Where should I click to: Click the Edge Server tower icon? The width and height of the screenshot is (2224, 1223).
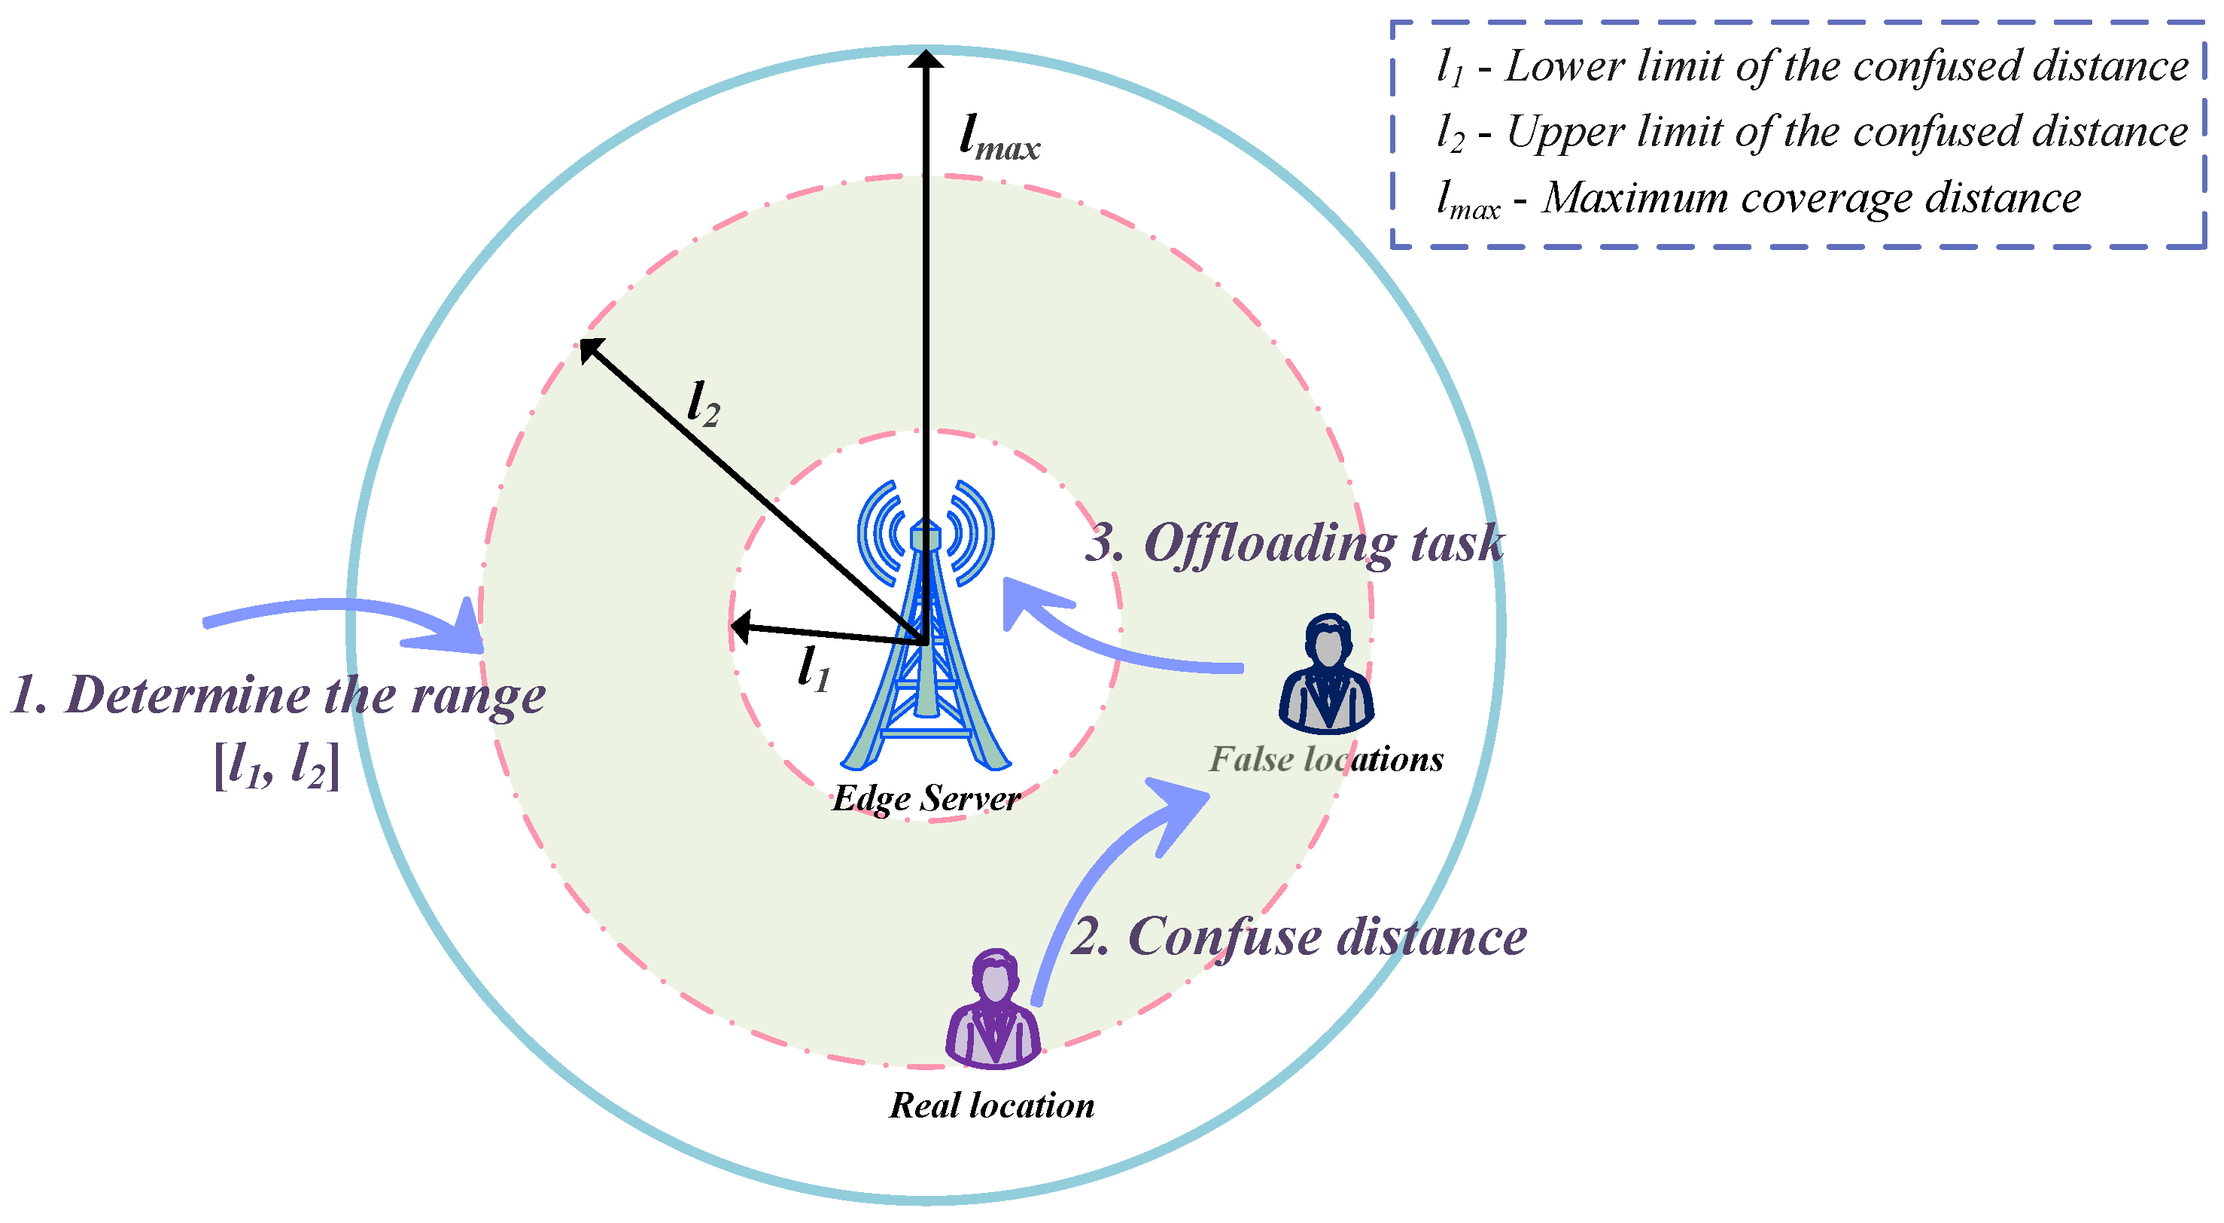[926, 657]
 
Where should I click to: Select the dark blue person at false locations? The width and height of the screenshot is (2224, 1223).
[1327, 674]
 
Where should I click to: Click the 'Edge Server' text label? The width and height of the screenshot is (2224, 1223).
[926, 798]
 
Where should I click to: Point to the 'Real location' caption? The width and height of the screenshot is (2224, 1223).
[992, 1106]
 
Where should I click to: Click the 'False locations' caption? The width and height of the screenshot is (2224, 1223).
[1326, 759]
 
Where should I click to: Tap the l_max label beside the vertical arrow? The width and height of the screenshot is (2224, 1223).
[999, 139]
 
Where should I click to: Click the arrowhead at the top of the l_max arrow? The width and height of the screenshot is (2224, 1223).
[926, 59]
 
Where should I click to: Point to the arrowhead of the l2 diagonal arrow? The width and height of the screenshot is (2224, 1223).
[589, 348]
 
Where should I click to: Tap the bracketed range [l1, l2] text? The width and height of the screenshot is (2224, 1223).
[276, 764]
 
